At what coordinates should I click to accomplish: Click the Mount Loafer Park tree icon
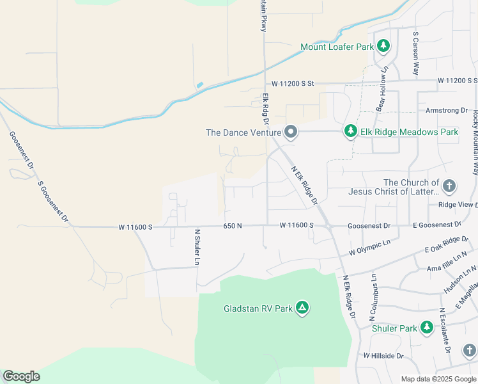[383, 46]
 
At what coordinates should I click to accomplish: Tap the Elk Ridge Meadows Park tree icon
[350, 131]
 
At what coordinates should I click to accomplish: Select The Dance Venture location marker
[291, 132]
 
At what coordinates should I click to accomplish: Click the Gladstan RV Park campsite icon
[302, 308]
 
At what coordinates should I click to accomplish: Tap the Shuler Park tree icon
[426, 328]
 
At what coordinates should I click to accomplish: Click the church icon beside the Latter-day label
[449, 186]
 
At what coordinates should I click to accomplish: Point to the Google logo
[21, 376]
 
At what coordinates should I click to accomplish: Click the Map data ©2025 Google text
[438, 379]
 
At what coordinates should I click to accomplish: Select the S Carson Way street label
[415, 54]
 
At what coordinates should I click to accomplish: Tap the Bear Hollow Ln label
[382, 90]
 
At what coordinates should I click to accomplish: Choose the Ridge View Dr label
[458, 205]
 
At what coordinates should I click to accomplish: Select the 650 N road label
[233, 226]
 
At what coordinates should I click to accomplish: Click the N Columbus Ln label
[371, 298]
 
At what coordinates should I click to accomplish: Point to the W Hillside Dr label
[383, 355]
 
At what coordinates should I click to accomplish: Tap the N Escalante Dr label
[442, 330]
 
